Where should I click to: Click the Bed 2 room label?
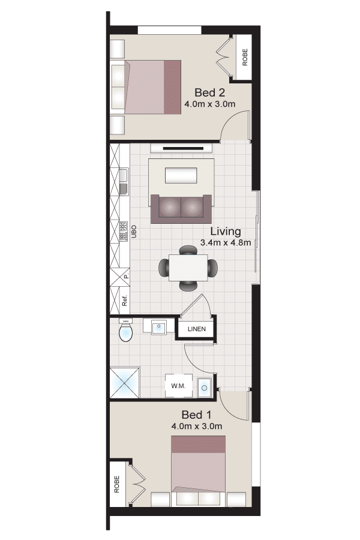point(209,92)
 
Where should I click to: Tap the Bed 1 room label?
point(196,415)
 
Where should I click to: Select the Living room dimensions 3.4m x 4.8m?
point(226,242)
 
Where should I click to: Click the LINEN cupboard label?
point(197,329)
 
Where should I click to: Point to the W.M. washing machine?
point(178,386)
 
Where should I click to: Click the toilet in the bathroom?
point(125,330)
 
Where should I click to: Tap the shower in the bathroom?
point(125,382)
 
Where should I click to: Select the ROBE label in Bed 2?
point(245,57)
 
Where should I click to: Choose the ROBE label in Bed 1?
point(116,484)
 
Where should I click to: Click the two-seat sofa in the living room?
point(181,209)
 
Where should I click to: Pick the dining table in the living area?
point(188,268)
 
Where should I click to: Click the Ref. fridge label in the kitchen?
point(125,301)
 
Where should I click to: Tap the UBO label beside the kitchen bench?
point(134,232)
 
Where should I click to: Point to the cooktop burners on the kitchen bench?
point(124,231)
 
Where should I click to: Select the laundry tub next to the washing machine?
point(204,387)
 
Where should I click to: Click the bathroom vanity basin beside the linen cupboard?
point(159,326)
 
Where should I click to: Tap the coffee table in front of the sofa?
point(181,175)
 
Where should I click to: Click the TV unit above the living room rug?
point(181,148)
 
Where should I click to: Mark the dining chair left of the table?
point(164,267)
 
